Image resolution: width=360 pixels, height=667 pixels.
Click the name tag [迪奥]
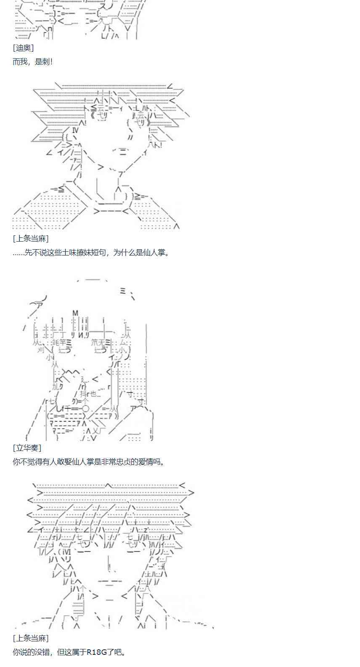tap(23, 48)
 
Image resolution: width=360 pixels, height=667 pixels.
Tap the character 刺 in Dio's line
tap(45, 62)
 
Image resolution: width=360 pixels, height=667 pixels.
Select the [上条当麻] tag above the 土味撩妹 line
tap(30, 239)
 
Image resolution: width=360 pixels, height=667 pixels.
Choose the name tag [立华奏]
tap(27, 448)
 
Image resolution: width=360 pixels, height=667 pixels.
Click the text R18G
tap(97, 652)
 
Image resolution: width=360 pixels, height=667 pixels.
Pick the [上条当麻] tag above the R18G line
tap(30, 638)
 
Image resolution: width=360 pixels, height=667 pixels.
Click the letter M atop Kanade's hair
tap(76, 313)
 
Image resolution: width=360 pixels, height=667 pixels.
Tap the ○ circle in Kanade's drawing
tap(85, 409)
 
